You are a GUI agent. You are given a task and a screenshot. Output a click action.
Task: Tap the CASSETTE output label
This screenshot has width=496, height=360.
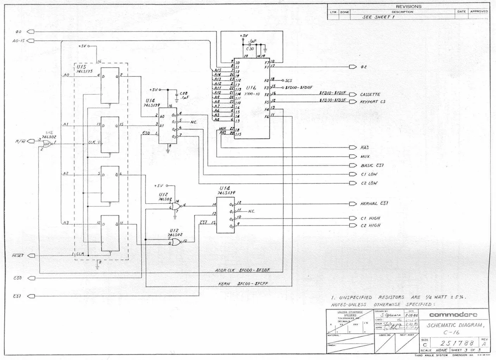pos(370,95)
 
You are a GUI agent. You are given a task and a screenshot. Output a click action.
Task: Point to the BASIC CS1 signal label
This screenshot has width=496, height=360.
pos(372,165)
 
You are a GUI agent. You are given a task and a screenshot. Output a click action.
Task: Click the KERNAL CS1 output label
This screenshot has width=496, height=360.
pos(374,203)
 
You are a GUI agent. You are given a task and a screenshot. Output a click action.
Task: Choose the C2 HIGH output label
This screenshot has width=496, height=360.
pos(370,225)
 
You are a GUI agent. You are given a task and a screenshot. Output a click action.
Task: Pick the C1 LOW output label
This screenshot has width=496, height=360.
pos(369,174)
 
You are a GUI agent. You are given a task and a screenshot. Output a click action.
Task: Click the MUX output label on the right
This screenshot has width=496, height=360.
pos(365,157)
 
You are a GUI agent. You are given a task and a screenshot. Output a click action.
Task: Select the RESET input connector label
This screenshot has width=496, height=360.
pos(17,255)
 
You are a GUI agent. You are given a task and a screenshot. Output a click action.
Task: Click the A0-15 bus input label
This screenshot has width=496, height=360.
pos(19,41)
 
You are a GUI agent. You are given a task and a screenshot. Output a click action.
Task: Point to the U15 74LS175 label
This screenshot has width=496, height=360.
pos(84,69)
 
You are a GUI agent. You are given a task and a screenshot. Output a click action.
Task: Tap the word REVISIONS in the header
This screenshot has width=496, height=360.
pos(408,7)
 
